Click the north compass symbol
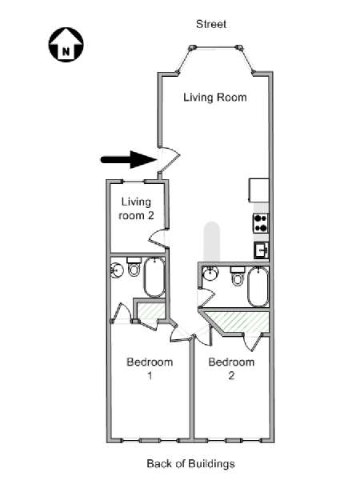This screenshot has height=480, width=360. pos(66,45)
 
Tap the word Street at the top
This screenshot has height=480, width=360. pos(211,24)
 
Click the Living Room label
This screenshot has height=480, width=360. pos(215,98)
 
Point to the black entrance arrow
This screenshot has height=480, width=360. pos(129,159)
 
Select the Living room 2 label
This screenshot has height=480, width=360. pos(136,209)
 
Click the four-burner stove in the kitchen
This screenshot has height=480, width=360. pos(261,223)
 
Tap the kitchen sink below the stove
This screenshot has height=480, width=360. pos(261,250)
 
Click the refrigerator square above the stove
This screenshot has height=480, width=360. pos(259,190)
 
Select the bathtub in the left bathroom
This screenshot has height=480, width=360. pos(154,278)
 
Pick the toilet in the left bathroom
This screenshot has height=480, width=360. pos(134,266)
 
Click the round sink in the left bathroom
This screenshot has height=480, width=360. pos(117,270)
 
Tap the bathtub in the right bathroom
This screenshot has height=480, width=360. pos(258,287)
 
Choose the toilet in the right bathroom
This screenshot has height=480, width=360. pos(238,276)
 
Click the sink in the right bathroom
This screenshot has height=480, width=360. pos(210,273)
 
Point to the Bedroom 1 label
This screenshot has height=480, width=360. pos(150,369)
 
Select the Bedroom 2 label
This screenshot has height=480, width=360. pos(231,369)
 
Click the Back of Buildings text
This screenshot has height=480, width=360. pos(190,463)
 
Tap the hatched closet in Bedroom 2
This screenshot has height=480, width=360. pos(238,322)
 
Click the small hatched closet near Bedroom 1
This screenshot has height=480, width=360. pos(150,310)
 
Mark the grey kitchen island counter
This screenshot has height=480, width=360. pos(212,242)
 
